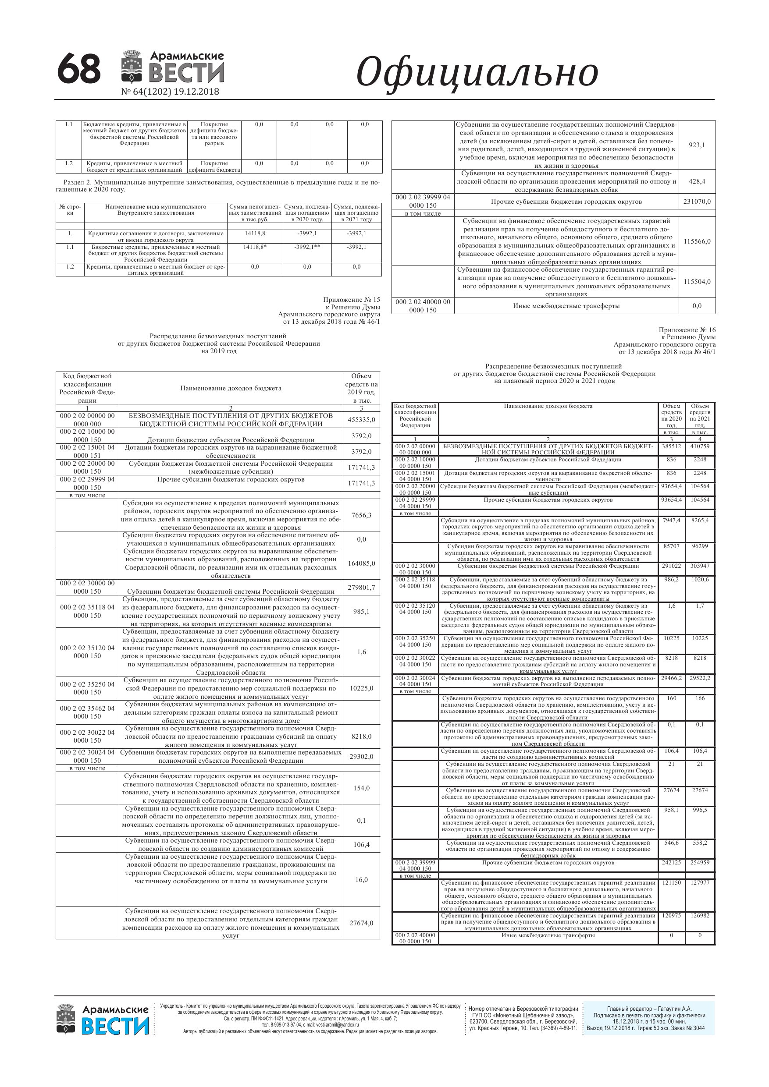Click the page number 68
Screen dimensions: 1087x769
pyautogui.click(x=78, y=69)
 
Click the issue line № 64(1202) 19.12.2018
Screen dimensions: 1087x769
pyautogui.click(x=170, y=92)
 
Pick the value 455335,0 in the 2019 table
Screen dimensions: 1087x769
pyautogui.click(x=361, y=419)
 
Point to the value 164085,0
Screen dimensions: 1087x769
pyautogui.click(x=361, y=563)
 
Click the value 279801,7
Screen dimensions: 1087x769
pyautogui.click(x=361, y=588)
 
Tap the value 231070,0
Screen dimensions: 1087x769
pyautogui.click(x=697, y=202)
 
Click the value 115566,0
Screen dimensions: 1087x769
pyautogui.click(x=697, y=241)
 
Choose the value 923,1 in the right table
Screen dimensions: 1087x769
pyautogui.click(x=697, y=145)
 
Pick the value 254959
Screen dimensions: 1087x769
pyautogui.click(x=700, y=863)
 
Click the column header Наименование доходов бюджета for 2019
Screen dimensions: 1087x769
pyautogui.click(x=231, y=388)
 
